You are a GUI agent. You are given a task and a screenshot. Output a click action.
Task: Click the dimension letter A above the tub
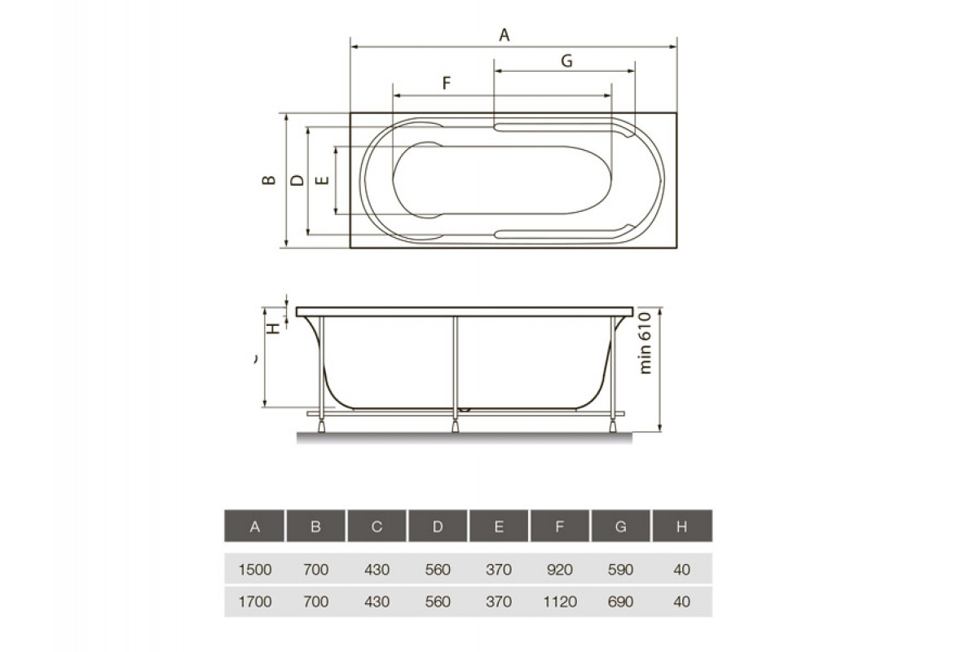(504, 34)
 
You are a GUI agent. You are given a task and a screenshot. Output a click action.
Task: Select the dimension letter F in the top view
(447, 83)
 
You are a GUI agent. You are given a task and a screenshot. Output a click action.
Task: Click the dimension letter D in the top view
(297, 180)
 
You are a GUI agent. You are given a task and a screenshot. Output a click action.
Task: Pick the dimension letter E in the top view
(322, 180)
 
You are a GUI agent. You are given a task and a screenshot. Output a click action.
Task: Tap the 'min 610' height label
(645, 342)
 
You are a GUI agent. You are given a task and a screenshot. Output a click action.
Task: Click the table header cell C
(377, 526)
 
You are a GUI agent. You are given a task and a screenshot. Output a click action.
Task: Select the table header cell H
(682, 526)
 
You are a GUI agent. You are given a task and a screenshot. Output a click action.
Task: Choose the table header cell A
(254, 526)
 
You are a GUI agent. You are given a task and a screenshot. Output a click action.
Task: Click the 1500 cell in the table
(254, 570)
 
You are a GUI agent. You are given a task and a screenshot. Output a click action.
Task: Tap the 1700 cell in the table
(254, 602)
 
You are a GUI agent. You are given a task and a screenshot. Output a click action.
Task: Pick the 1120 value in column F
(560, 602)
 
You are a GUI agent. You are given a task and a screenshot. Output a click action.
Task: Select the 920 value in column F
(560, 570)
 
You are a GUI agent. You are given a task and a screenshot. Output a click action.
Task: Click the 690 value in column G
(621, 602)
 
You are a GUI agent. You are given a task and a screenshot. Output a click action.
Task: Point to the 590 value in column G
(621, 570)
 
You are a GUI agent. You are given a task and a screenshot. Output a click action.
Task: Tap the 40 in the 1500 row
(682, 570)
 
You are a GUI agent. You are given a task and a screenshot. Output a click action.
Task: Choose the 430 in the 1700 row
(377, 602)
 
